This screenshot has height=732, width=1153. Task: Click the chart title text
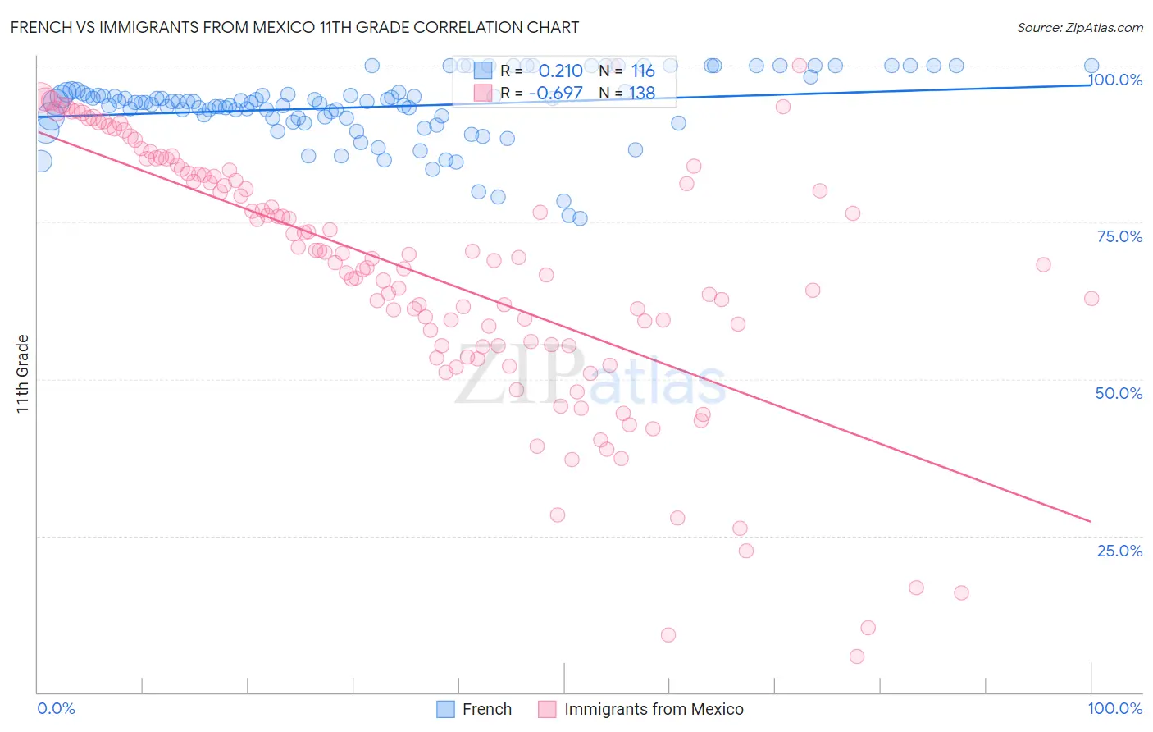pos(294,27)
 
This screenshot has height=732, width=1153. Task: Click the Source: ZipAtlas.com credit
pos(1079,27)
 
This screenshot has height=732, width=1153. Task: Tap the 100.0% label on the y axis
pos(1115,80)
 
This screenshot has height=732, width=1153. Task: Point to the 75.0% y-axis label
pos(1119,236)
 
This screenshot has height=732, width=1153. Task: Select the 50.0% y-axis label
pos(1119,393)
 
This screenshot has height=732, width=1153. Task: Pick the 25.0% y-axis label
pos(1119,551)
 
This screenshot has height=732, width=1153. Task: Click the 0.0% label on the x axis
pos(56,708)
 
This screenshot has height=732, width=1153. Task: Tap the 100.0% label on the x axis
pos(1115,708)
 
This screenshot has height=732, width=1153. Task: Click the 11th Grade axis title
pos(23,373)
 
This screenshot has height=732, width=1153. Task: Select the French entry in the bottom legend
pos(486,709)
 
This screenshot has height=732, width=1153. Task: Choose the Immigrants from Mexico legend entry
pos(654,709)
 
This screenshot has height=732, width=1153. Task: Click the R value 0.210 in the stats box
pos(560,71)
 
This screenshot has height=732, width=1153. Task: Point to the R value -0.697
pos(555,93)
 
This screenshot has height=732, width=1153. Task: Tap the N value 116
pos(643,71)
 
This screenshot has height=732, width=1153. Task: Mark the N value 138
pos(642,93)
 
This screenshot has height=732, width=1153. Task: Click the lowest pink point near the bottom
pos(857,657)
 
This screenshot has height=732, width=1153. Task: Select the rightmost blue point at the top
pos(1091,66)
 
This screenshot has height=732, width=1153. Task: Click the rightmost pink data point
pos(1091,299)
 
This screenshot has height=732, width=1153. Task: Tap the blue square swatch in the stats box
pos(483,71)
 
